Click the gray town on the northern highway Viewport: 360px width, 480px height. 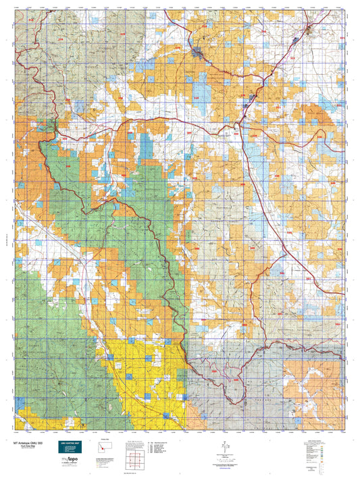197,51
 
